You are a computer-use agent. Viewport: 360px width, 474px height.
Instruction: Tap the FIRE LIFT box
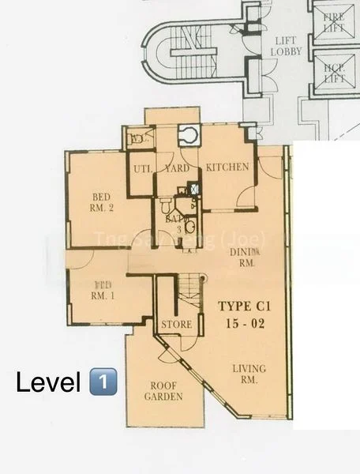(334, 21)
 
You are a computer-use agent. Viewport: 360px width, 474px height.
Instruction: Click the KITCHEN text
(227, 167)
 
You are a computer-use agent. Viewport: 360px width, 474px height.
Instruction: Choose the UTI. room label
(142, 168)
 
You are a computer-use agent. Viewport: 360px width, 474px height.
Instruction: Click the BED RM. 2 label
(101, 203)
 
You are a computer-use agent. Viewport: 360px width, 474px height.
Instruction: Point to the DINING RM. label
(242, 257)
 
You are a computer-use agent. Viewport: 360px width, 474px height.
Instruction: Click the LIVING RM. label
(249, 374)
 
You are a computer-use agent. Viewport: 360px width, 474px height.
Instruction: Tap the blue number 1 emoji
(103, 383)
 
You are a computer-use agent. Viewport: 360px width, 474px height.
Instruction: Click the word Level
(49, 383)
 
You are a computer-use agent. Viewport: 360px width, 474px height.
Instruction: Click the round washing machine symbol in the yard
(189, 135)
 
